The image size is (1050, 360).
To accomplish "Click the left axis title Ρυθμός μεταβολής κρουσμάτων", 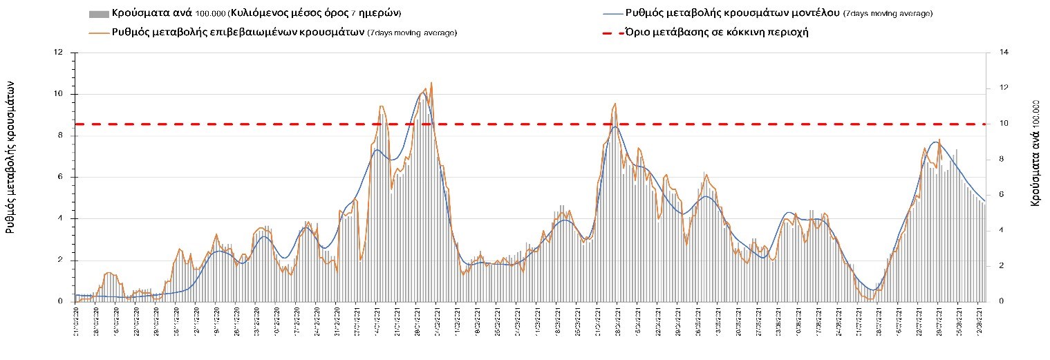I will click(x=11, y=155).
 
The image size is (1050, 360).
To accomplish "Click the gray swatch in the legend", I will click(x=99, y=14).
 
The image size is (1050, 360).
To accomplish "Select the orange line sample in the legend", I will click(x=99, y=32).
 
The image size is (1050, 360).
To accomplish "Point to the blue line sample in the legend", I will click(x=613, y=14).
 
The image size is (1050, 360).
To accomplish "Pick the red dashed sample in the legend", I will click(x=613, y=32).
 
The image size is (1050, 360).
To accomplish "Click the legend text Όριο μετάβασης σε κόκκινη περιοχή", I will click(x=716, y=32).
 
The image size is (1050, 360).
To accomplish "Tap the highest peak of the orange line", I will click(x=431, y=83).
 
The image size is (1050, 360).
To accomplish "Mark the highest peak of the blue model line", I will click(x=423, y=93).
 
